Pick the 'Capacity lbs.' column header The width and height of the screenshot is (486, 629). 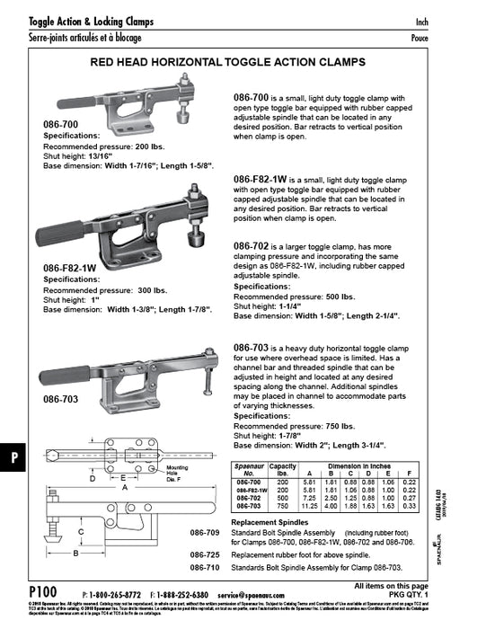pyautogui.click(x=283, y=469)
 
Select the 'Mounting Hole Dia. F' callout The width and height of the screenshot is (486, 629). pyautogui.click(x=175, y=474)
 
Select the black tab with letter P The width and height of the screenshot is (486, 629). pyautogui.click(x=13, y=457)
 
